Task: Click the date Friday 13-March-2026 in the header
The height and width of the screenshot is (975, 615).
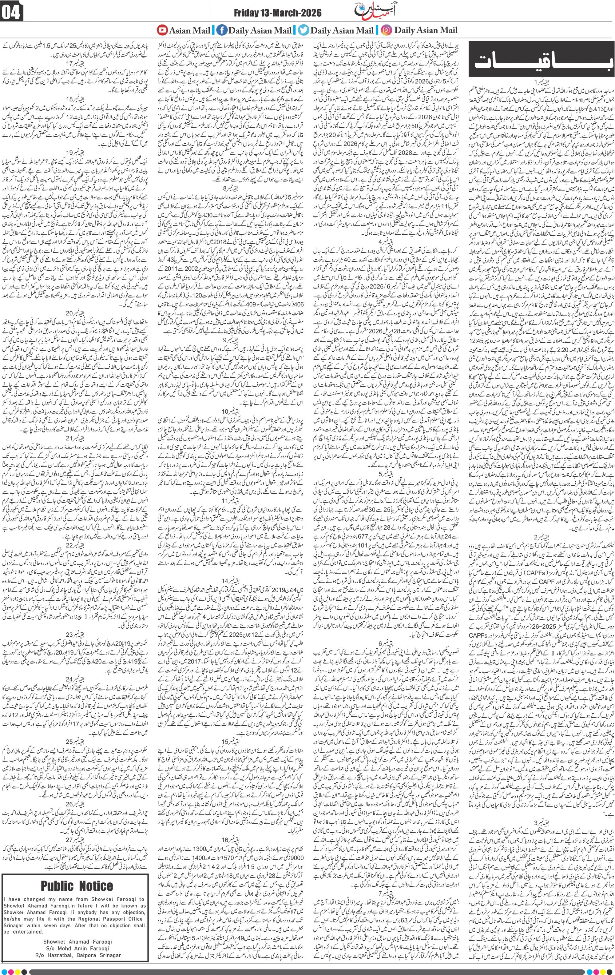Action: coord(278,13)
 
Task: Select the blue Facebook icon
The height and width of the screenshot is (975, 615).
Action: coord(221,30)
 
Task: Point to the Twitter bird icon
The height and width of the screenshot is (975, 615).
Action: coord(303,30)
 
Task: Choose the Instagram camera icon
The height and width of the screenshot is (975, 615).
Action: coord(387,30)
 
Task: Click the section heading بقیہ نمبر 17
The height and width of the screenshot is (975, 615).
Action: coord(76,63)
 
